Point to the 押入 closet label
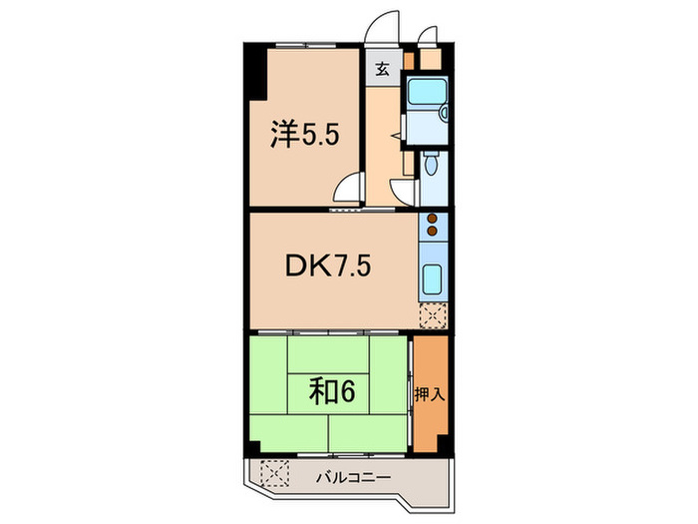coord(430,393)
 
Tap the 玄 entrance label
coord(382,70)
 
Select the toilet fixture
coord(430,164)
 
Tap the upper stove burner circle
coord(433,218)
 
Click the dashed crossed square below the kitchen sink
coord(433,315)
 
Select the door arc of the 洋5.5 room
coord(346,190)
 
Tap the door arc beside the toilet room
coord(402,192)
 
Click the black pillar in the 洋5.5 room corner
coord(255,74)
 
